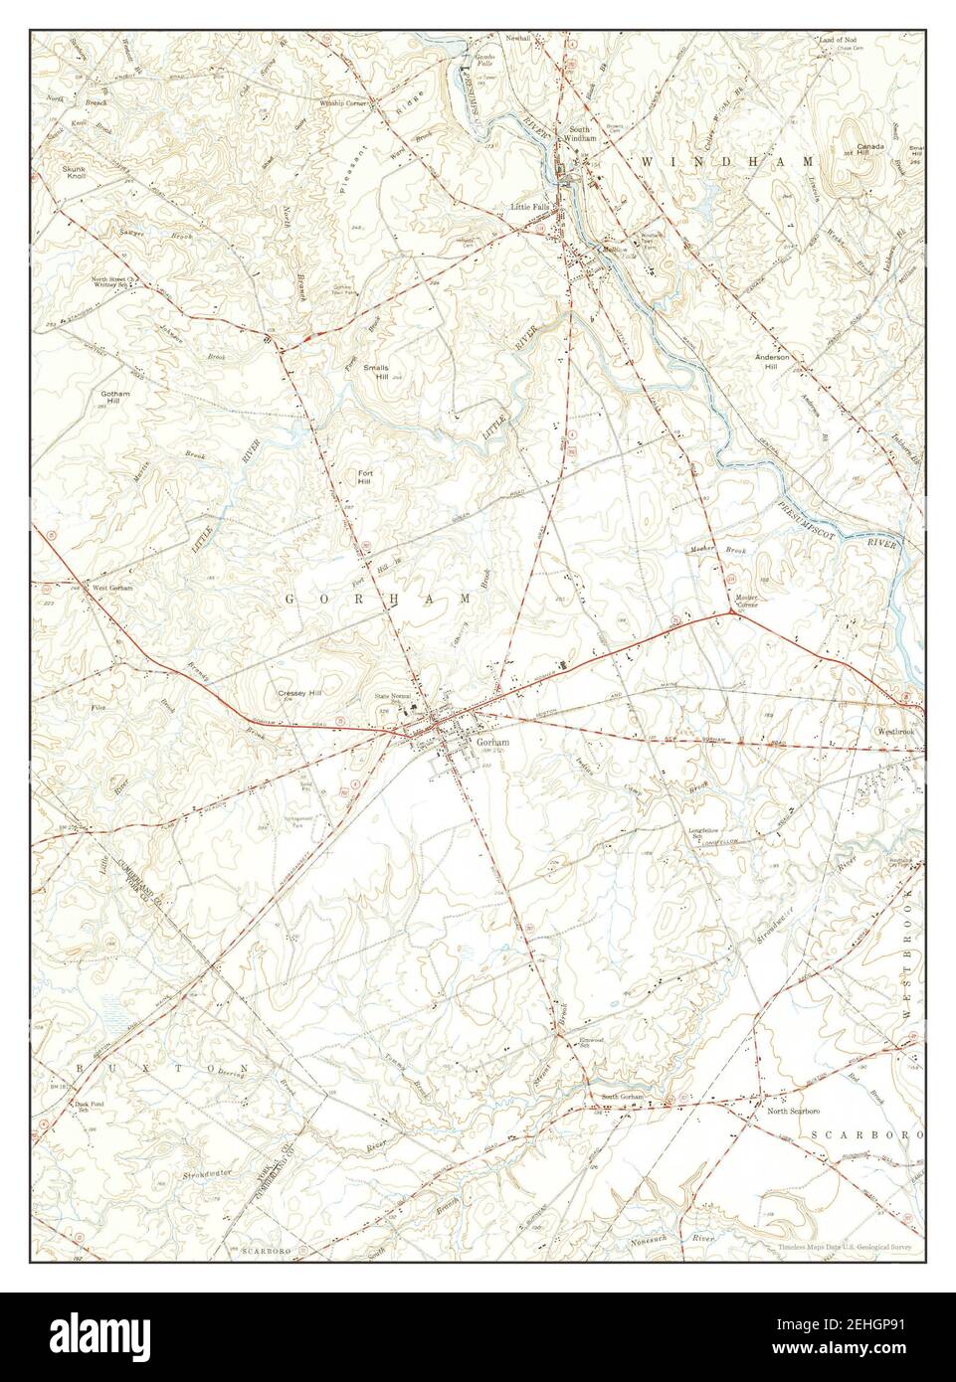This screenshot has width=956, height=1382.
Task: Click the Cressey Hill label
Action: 299,693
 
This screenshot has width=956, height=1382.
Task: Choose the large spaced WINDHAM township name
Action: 727,160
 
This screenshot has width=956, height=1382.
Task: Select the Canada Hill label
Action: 870,146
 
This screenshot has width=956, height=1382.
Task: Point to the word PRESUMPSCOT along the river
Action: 811,517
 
